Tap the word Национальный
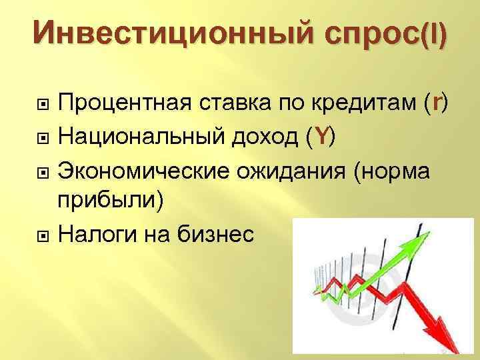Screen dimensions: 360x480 (147, 137)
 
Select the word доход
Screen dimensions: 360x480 (271, 137)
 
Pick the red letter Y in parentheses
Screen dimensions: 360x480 (323, 137)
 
